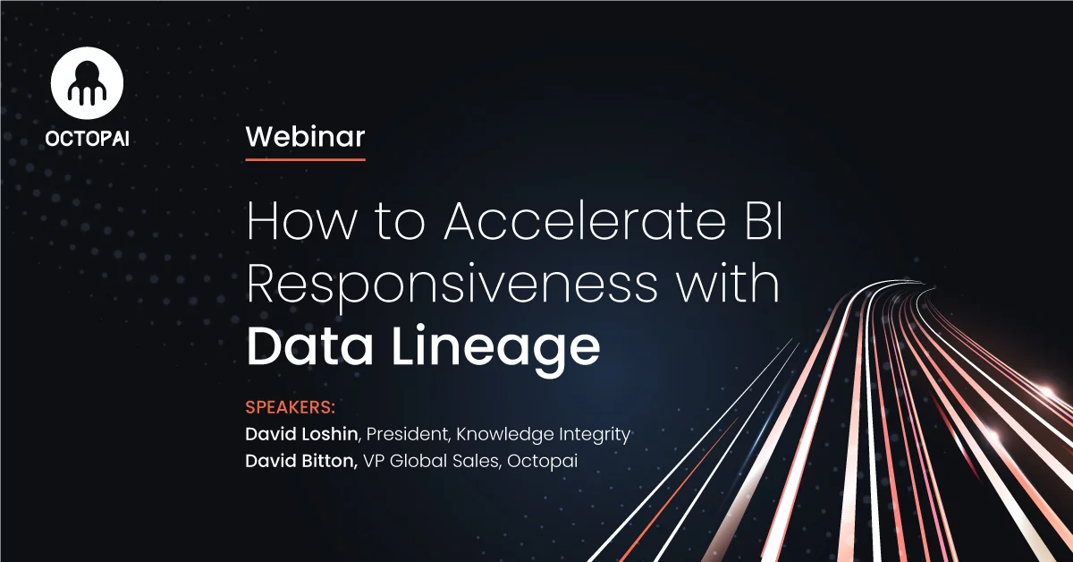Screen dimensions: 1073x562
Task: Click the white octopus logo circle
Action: click(88, 83)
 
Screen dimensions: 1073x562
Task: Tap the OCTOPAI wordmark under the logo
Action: click(88, 139)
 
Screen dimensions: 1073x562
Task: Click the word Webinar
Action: click(305, 137)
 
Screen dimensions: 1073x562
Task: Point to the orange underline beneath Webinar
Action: click(305, 159)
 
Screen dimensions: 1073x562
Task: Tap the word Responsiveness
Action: click(452, 285)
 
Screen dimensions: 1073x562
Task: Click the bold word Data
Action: click(309, 345)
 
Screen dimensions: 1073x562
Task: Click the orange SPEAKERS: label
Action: click(291, 407)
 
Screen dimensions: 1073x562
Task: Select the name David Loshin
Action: click(301, 434)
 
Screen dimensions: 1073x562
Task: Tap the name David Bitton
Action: click(301, 461)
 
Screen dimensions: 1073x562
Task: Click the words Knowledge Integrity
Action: click(544, 434)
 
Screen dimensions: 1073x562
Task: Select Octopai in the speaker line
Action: click(542, 461)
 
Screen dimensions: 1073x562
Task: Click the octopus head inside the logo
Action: click(88, 72)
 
